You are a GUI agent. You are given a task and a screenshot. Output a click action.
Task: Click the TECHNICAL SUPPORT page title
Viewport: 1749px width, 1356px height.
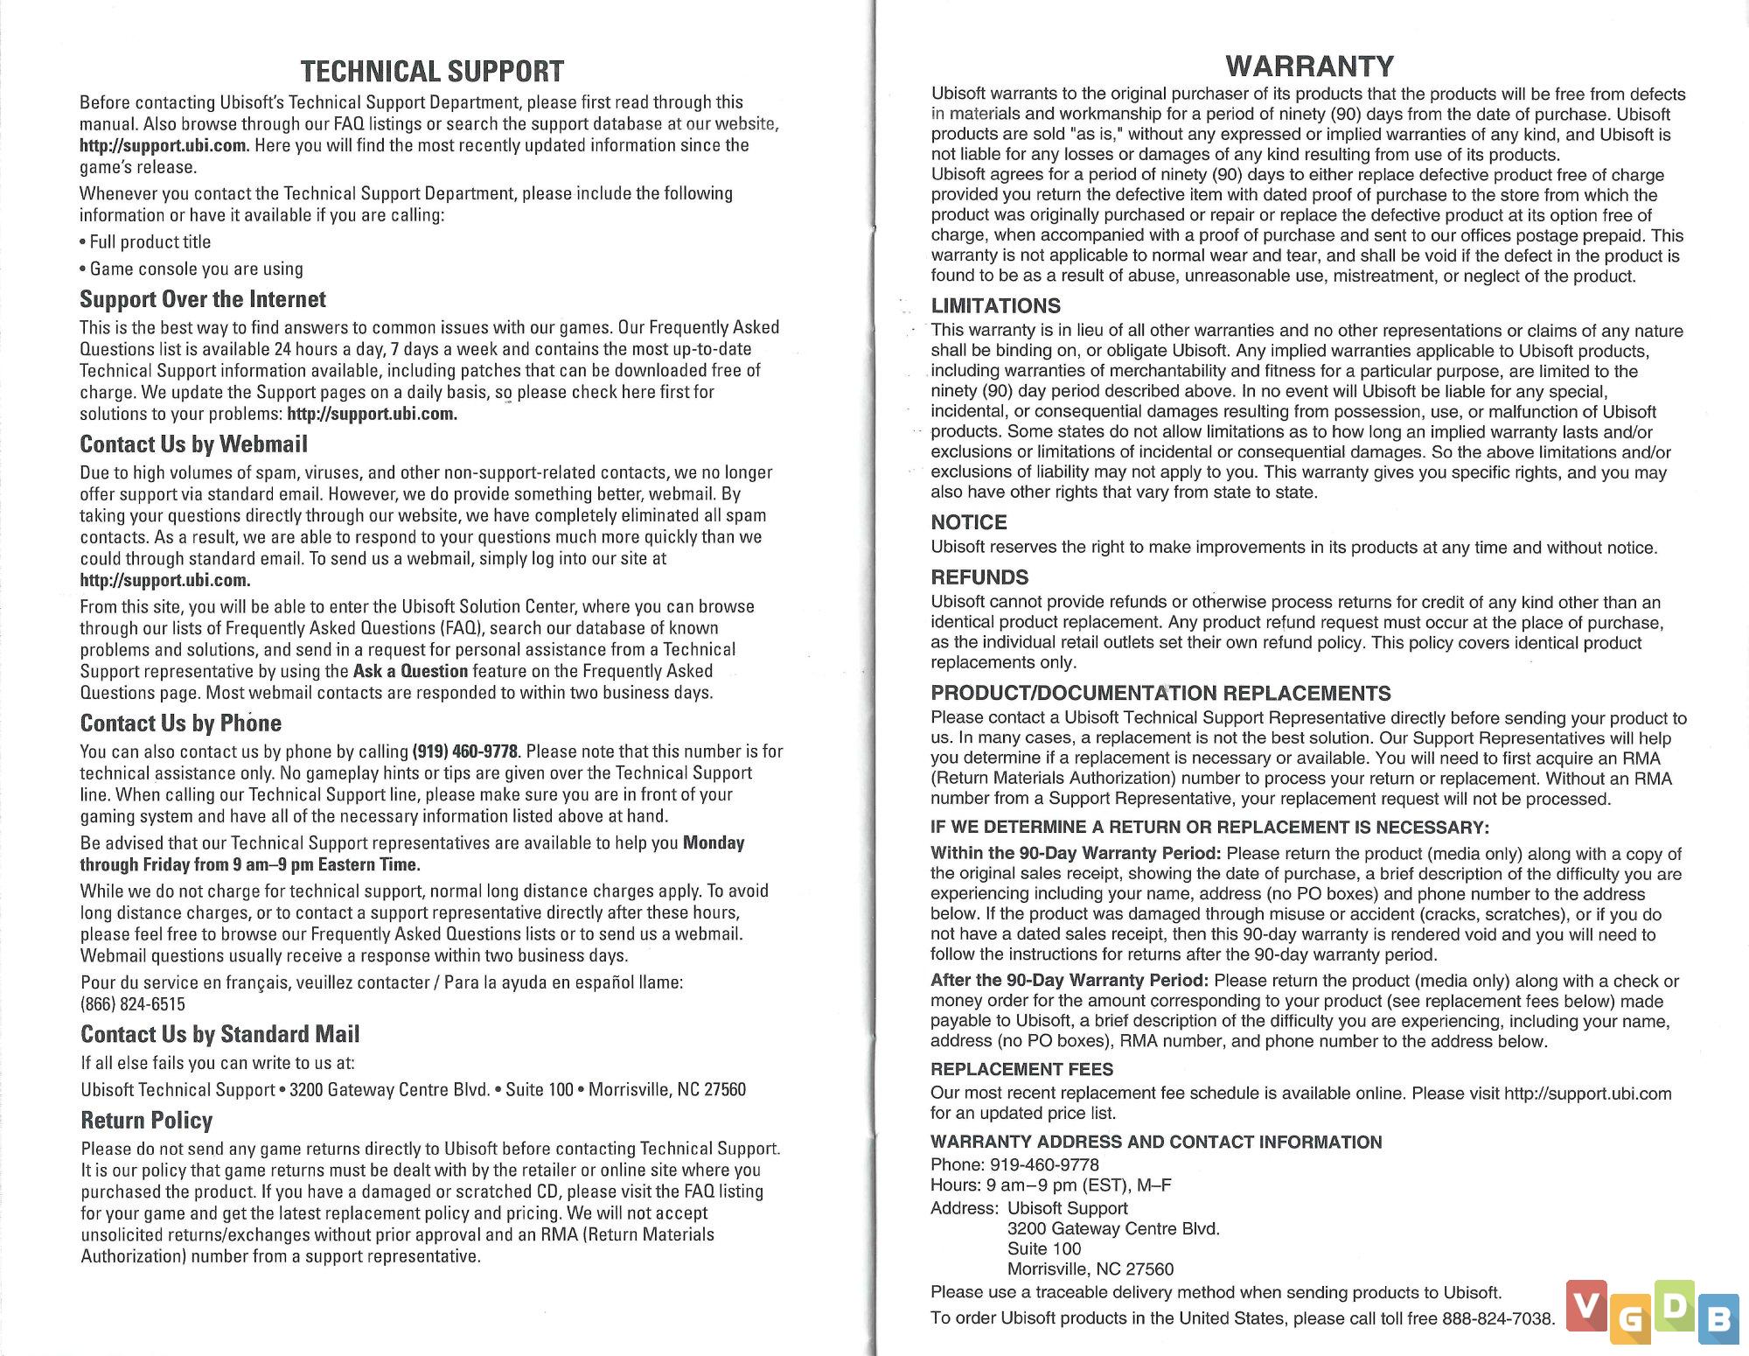pos(432,71)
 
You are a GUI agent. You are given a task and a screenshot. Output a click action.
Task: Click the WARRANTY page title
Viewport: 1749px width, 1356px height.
pos(1309,66)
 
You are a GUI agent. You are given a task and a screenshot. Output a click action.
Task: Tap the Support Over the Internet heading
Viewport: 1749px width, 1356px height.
pos(203,299)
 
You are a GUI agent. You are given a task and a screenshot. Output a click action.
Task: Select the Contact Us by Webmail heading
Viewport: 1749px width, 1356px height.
pos(193,444)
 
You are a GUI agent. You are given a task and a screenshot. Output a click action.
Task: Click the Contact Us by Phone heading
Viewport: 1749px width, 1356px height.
pos(181,723)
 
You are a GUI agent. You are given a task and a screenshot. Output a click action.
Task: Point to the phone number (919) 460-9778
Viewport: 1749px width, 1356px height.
pos(464,751)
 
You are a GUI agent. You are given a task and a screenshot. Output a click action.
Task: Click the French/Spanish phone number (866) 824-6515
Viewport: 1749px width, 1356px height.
pos(133,1004)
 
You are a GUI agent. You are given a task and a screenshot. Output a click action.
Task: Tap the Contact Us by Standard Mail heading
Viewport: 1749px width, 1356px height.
pos(220,1034)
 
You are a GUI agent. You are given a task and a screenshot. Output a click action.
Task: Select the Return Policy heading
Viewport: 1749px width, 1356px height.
pos(147,1121)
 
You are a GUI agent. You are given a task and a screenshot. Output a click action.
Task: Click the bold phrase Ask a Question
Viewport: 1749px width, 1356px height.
pos(410,671)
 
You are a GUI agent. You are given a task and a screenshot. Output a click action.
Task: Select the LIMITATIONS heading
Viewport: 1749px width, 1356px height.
pos(995,305)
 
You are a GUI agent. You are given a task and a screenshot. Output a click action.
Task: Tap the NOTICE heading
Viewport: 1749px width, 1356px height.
pos(969,522)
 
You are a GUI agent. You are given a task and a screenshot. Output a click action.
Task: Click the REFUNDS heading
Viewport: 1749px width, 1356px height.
pos(979,577)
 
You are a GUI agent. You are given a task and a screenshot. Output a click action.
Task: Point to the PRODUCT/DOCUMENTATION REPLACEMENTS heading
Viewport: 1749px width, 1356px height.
pos(1160,694)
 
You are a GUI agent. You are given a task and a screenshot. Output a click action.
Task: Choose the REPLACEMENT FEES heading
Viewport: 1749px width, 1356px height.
pos(1021,1069)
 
